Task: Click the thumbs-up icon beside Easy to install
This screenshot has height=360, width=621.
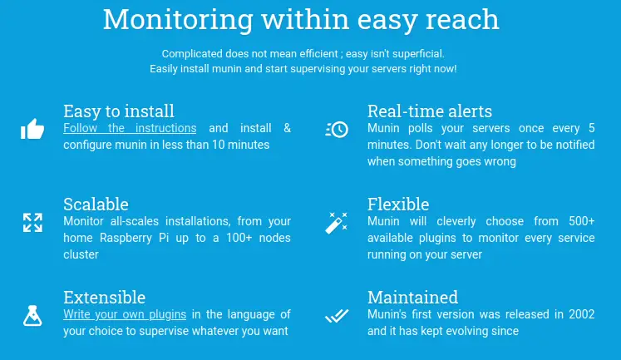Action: tap(32, 129)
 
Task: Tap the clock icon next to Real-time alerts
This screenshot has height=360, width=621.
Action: tap(337, 129)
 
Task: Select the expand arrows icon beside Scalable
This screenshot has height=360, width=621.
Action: tap(32, 222)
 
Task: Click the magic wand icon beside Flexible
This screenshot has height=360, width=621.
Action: tap(337, 222)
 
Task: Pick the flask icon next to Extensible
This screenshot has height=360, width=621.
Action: tap(32, 315)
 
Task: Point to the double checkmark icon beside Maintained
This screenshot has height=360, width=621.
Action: tap(337, 315)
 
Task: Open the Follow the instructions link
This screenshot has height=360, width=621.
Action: tap(130, 128)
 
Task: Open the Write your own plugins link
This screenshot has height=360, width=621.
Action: tap(125, 314)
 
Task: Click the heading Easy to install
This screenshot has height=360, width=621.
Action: tap(119, 111)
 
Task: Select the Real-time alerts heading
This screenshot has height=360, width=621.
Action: tap(430, 111)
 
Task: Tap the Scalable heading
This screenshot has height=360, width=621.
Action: tap(96, 204)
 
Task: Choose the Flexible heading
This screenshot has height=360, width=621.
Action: tap(398, 204)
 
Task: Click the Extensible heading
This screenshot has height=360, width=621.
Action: tap(104, 297)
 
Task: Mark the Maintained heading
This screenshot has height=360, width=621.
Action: tap(412, 297)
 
